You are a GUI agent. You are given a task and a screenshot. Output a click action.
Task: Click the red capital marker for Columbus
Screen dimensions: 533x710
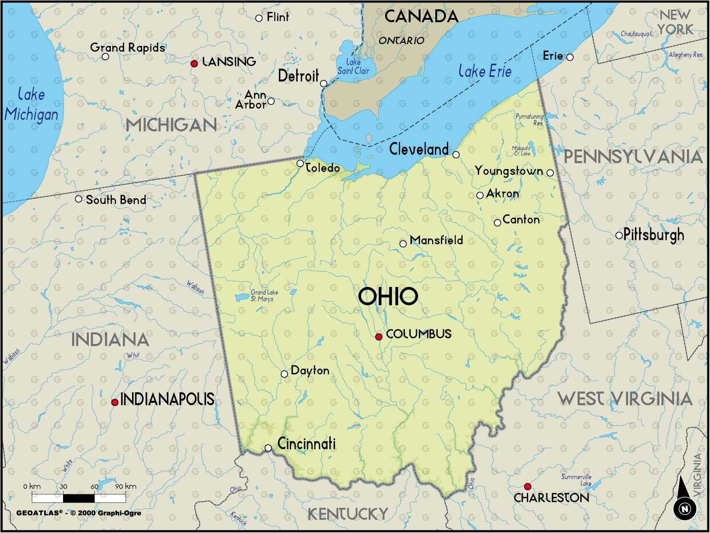[379, 337]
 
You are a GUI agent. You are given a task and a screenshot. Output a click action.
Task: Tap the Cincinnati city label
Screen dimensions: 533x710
[306, 444]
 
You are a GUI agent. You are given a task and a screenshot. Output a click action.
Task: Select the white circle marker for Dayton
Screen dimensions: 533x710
[284, 374]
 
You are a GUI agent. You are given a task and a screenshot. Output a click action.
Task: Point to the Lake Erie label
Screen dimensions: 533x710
[485, 71]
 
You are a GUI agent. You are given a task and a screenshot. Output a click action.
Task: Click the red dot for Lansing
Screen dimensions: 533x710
[194, 63]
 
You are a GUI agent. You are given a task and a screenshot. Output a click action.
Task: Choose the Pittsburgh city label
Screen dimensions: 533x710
[653, 235]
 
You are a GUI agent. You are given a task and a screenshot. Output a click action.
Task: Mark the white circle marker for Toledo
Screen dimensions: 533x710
[300, 163]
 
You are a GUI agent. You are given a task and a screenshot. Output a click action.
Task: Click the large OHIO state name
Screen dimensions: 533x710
[388, 296]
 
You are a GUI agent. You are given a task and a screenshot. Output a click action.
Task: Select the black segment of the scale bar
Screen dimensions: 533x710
[79, 498]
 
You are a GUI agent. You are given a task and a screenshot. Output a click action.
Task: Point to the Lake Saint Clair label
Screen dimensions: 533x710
[353, 67]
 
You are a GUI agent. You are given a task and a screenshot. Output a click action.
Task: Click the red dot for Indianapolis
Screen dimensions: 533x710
[115, 402]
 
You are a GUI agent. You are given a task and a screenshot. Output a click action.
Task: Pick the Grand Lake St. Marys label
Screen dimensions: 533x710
[264, 295]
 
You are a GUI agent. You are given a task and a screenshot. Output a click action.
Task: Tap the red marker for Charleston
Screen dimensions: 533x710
[527, 487]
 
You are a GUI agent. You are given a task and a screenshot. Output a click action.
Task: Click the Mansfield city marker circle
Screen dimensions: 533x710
[403, 244]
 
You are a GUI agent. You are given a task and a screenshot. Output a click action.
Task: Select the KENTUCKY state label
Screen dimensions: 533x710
[348, 513]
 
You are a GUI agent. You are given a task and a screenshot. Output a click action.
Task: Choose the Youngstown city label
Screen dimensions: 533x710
[509, 171]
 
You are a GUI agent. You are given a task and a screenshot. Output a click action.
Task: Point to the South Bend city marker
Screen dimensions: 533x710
[79, 199]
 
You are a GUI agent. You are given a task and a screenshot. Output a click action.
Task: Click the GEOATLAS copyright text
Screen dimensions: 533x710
[79, 513]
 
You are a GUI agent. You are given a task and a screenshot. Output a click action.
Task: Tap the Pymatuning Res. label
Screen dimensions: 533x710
[529, 120]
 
